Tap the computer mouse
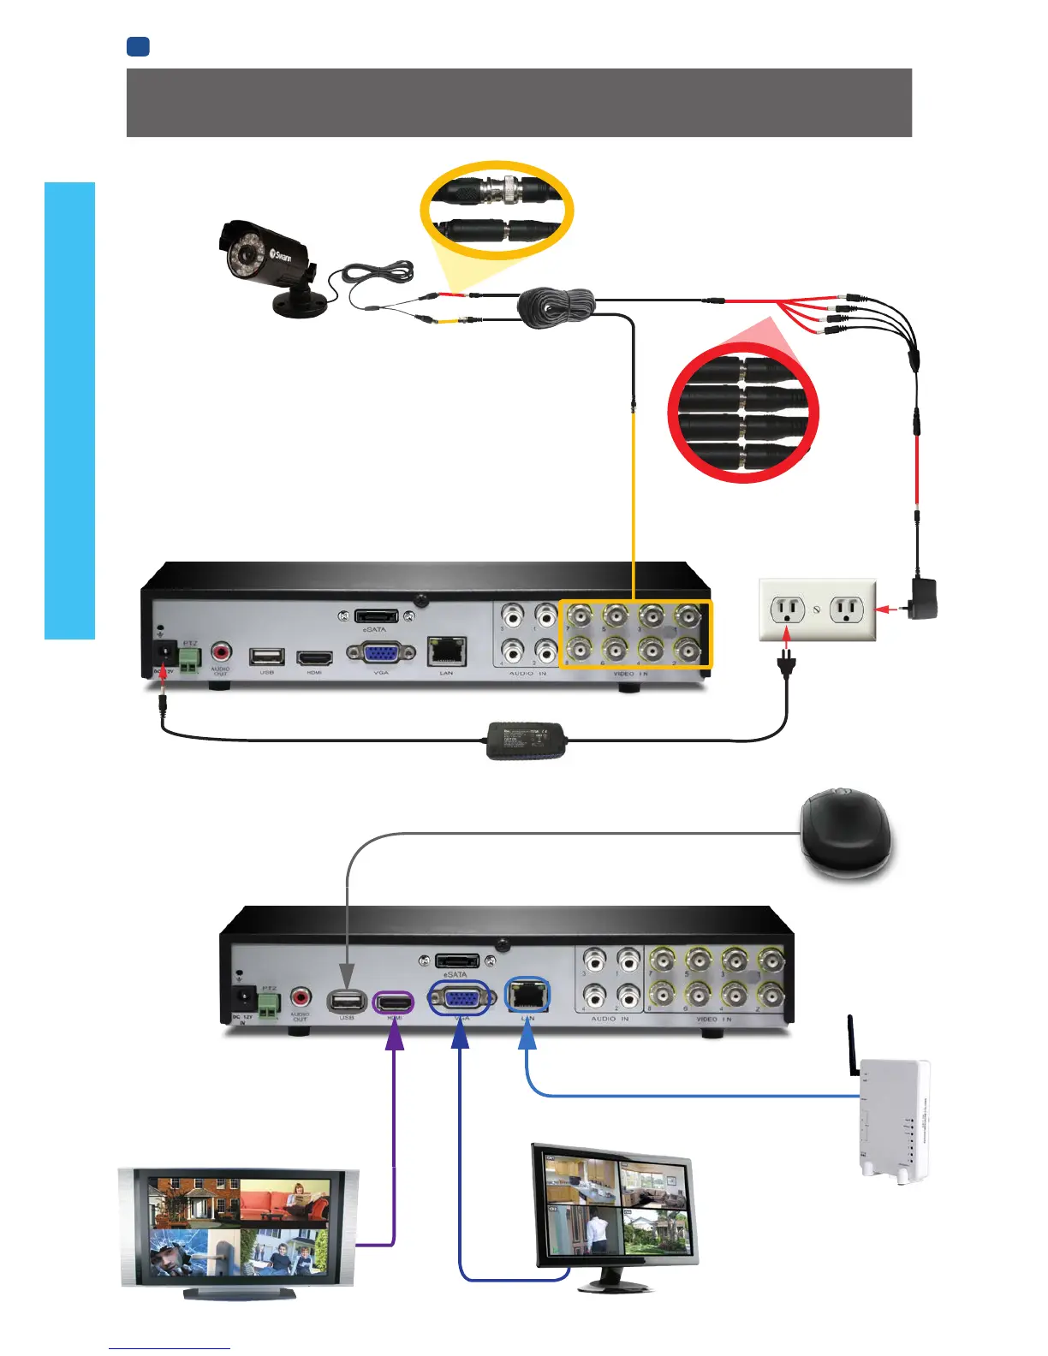[x=844, y=835]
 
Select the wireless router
[x=893, y=1121]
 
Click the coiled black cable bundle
[x=557, y=306]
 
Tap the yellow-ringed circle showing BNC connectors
[x=496, y=210]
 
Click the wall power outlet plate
[x=818, y=610]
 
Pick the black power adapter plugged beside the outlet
[x=923, y=598]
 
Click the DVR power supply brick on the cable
[x=527, y=739]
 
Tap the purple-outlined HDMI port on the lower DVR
[x=394, y=1001]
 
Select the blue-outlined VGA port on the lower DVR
[x=461, y=998]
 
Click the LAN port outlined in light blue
[x=527, y=996]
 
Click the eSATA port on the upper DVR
[x=376, y=616]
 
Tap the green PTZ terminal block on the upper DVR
[x=190, y=657]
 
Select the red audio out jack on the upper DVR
[x=221, y=653]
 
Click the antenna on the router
[x=853, y=1044]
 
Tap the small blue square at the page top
[x=138, y=46]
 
